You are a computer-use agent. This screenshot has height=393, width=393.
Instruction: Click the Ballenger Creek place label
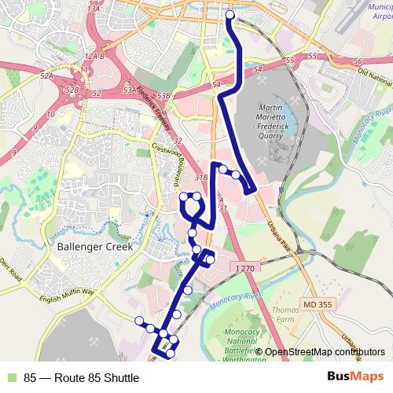click(93, 246)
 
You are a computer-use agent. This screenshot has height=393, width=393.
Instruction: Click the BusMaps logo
click(356, 377)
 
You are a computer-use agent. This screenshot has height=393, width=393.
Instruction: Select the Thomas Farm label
click(285, 315)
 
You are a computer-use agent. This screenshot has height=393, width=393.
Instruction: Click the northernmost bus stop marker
click(230, 15)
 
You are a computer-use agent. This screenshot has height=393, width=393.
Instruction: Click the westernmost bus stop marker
click(139, 320)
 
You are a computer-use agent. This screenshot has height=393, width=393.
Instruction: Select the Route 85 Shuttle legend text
click(82, 377)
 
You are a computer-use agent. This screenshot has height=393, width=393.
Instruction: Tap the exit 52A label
click(48, 76)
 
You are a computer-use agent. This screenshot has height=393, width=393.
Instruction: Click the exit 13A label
click(94, 8)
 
